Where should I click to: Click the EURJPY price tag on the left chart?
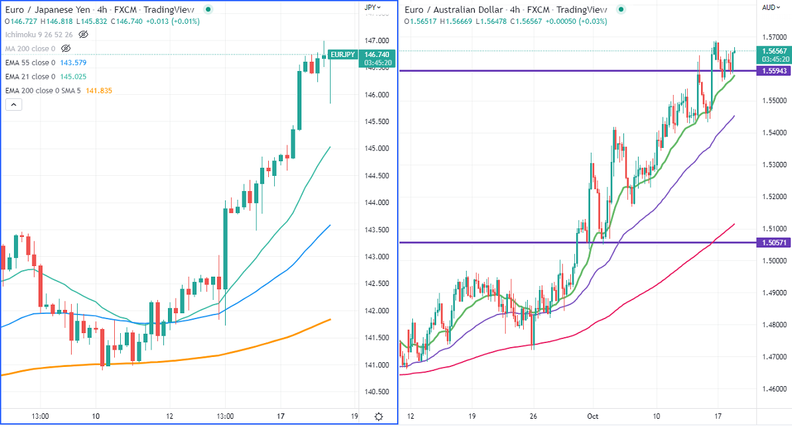pyautogui.click(x=343, y=54)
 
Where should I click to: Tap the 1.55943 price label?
pyautogui.click(x=774, y=70)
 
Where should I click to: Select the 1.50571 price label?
pyautogui.click(x=774, y=243)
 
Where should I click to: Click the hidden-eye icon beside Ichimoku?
pyautogui.click(x=84, y=34)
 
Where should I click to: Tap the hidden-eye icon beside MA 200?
pyautogui.click(x=66, y=48)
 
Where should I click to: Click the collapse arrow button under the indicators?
pyautogui.click(x=14, y=104)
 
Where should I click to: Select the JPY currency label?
pyautogui.click(x=371, y=7)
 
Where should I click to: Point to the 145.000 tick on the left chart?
pyautogui.click(x=376, y=149)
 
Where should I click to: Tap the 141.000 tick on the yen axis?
pyautogui.click(x=376, y=365)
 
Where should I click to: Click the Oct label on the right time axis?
pyautogui.click(x=593, y=416)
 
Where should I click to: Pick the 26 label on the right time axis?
pyautogui.click(x=532, y=416)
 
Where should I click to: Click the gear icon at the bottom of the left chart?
pyautogui.click(x=378, y=417)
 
